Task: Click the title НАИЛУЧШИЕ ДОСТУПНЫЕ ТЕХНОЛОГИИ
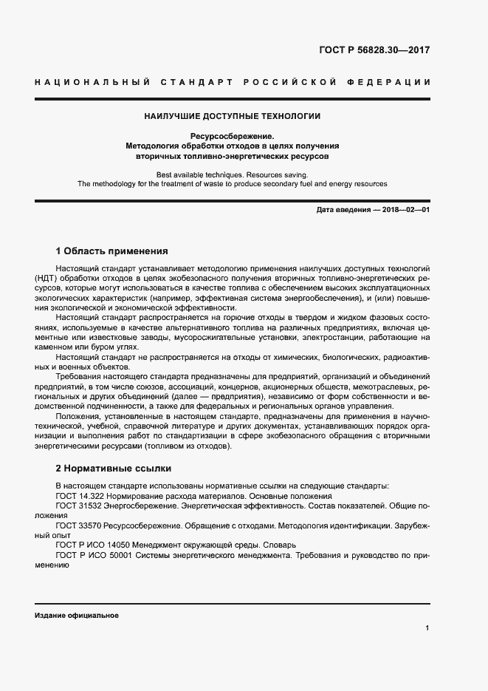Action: coord(232,116)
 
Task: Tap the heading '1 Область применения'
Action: coord(112,251)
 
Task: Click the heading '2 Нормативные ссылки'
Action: coord(114,468)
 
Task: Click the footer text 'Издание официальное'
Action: coord(77,616)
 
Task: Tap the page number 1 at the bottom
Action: coord(427,628)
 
